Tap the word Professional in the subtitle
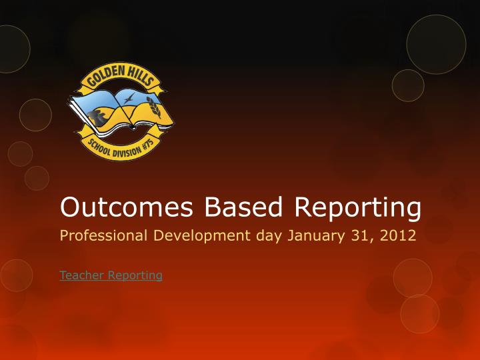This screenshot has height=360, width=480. [102, 237]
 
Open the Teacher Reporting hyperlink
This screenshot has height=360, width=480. [111, 275]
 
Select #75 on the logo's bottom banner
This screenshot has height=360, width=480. [147, 143]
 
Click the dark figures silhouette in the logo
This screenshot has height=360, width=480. [99, 117]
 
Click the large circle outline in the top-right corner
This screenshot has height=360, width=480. [436, 44]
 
